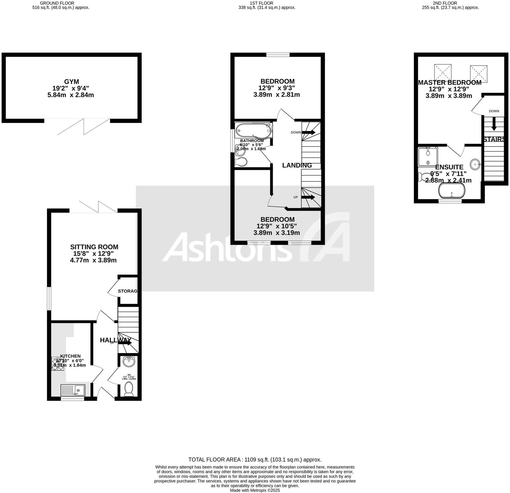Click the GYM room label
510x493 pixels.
71,81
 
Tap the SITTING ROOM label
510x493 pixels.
94,247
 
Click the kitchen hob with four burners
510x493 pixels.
58,364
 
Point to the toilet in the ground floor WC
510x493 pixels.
129,389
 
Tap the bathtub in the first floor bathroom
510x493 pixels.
253,130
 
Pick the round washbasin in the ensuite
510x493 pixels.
475,164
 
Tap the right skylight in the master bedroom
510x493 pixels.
478,73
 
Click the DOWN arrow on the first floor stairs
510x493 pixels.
309,132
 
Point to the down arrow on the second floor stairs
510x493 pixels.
494,124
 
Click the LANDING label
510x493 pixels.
297,165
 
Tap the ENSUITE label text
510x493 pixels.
449,167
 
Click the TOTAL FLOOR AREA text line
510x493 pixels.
255,460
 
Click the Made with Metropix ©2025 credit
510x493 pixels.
255,490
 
